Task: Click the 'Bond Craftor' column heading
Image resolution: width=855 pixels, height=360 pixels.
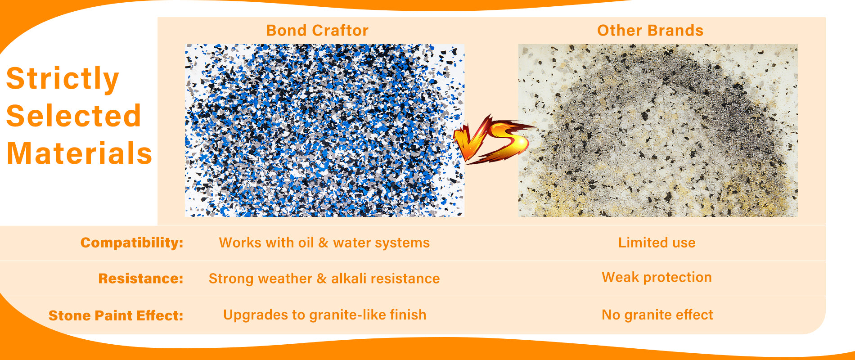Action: [317, 31]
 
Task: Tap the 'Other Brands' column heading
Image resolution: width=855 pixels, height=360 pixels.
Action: [650, 31]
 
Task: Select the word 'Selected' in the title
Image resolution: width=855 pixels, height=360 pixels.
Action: [74, 116]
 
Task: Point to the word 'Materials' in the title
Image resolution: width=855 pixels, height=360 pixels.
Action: [80, 153]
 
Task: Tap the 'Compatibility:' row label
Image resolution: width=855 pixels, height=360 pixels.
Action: [132, 243]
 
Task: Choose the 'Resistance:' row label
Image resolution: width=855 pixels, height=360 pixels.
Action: [140, 279]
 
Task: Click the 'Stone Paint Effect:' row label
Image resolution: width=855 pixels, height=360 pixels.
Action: [116, 315]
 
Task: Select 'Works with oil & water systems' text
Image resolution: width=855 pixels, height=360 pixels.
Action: [324, 243]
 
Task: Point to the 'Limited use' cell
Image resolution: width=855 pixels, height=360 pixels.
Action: [657, 243]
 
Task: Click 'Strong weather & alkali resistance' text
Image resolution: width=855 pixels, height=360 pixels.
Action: [324, 279]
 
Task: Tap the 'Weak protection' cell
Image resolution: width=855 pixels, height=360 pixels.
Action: [657, 277]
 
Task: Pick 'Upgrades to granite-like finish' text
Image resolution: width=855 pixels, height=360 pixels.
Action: [324, 315]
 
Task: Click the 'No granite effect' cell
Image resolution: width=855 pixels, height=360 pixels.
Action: [657, 315]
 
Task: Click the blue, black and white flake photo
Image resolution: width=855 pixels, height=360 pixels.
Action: [324, 130]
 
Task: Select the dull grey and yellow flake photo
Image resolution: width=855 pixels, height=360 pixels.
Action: [658, 130]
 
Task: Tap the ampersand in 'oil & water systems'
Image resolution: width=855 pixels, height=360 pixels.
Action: [323, 243]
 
